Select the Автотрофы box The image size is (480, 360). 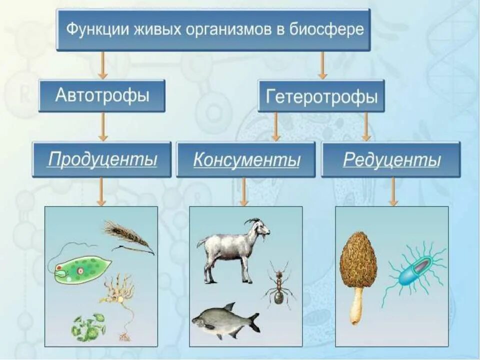tap(101, 95)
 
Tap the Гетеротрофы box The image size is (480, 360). tap(321, 96)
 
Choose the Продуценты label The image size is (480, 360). tap(102, 159)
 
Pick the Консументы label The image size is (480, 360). tap(246, 160)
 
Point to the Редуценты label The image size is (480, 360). tap(391, 160)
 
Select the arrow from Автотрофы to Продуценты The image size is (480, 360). tap(102, 126)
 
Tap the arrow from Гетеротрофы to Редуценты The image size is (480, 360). tap(366, 126)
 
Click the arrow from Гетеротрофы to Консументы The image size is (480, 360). tap(275, 126)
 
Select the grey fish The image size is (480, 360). tap(225, 319)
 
